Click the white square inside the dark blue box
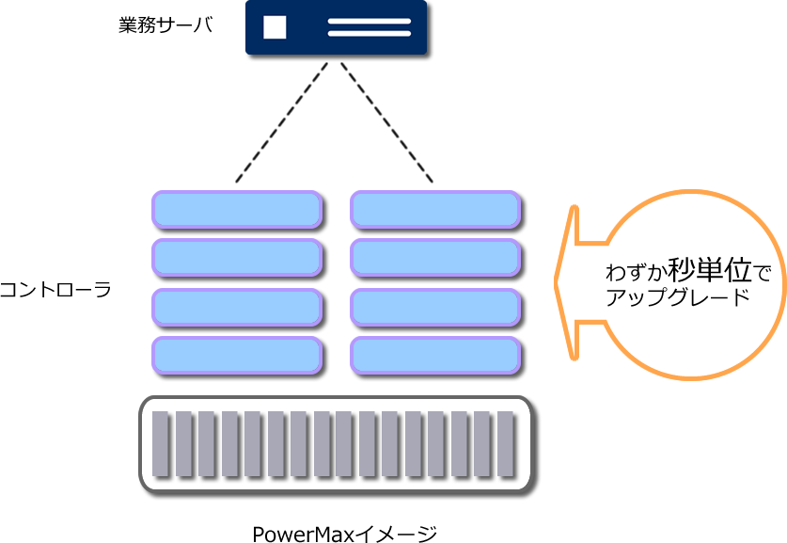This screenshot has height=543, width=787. (x=275, y=27)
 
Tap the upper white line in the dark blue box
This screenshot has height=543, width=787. (x=370, y=21)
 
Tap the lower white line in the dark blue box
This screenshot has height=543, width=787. (x=370, y=34)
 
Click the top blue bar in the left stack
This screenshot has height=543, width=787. (x=237, y=209)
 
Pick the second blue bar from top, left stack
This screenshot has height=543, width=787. (x=237, y=257)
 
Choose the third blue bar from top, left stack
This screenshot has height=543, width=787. (x=237, y=307)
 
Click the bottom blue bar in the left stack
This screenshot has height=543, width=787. (x=237, y=355)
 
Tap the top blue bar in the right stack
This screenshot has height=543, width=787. (x=434, y=209)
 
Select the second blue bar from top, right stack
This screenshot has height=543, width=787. (x=434, y=257)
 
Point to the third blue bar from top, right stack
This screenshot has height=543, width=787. (x=434, y=307)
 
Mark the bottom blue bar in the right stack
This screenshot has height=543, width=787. (x=434, y=355)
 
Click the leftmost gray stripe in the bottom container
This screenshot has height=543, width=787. (x=161, y=444)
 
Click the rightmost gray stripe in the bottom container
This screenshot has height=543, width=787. (x=507, y=444)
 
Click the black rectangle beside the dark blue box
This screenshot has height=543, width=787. (x=165, y=27)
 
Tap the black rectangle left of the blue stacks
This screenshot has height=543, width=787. (x=64, y=288)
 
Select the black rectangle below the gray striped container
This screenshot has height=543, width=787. (x=344, y=530)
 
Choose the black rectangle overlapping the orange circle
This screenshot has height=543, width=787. (x=682, y=284)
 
